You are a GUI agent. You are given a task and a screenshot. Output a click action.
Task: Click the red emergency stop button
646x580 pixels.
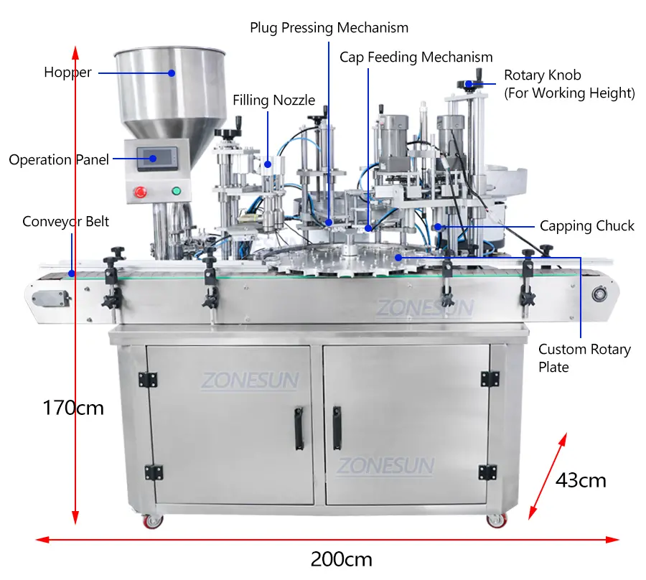pyautogui.click(x=140, y=192)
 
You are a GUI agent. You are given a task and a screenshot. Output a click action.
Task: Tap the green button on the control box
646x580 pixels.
pyautogui.click(x=177, y=191)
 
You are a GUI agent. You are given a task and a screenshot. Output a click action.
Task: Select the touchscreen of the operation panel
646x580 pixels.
pyautogui.click(x=157, y=158)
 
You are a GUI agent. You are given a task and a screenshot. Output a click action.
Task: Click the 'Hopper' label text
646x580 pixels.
pyautogui.click(x=67, y=72)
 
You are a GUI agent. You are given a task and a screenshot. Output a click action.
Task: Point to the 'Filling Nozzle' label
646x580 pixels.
pyautogui.click(x=273, y=100)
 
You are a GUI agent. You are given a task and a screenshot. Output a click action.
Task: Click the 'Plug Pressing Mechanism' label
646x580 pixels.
pyautogui.click(x=329, y=27)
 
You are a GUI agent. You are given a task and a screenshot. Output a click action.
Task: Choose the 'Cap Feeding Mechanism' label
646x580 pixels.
pyautogui.click(x=416, y=57)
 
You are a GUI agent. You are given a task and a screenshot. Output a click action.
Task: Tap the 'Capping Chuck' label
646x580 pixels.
pyautogui.click(x=586, y=225)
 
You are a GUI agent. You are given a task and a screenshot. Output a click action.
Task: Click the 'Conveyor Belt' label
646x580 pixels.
pyautogui.click(x=65, y=222)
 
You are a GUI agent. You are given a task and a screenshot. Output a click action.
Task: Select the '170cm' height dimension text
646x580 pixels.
pyautogui.click(x=73, y=408)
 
